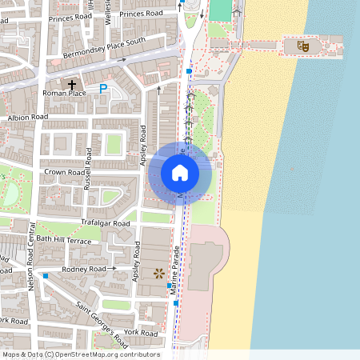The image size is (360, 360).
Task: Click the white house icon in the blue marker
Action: pos(180,172)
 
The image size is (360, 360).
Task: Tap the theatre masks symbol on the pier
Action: pos(303,46)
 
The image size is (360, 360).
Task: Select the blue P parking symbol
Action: pos(103,89)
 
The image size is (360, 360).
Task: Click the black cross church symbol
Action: pos(72,84)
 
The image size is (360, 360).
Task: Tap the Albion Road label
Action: pos(28,117)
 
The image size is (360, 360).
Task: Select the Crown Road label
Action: pos(64,172)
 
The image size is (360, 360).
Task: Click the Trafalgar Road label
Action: pos(105,223)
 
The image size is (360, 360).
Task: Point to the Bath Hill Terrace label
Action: pos(63,240)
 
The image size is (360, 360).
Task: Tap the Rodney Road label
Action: pos(84,270)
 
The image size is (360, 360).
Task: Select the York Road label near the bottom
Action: pos(142,332)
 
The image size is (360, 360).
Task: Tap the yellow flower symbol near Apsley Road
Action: pos(158,274)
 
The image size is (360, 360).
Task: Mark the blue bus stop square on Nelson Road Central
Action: pos(46,276)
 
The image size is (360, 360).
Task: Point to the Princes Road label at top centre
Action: pos(141,14)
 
